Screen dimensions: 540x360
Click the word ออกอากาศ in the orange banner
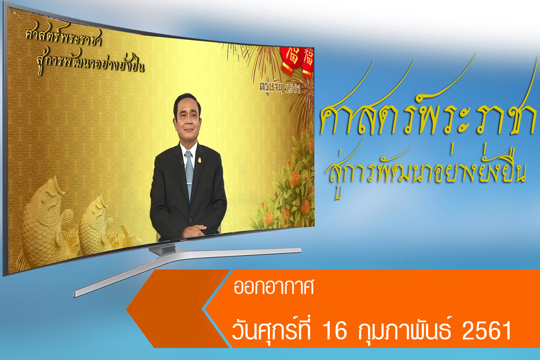pos(274,287)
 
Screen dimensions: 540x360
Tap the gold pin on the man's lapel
pos(199,160)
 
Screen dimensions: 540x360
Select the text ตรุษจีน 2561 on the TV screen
pos(280,88)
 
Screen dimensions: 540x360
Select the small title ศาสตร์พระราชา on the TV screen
pos(64,36)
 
